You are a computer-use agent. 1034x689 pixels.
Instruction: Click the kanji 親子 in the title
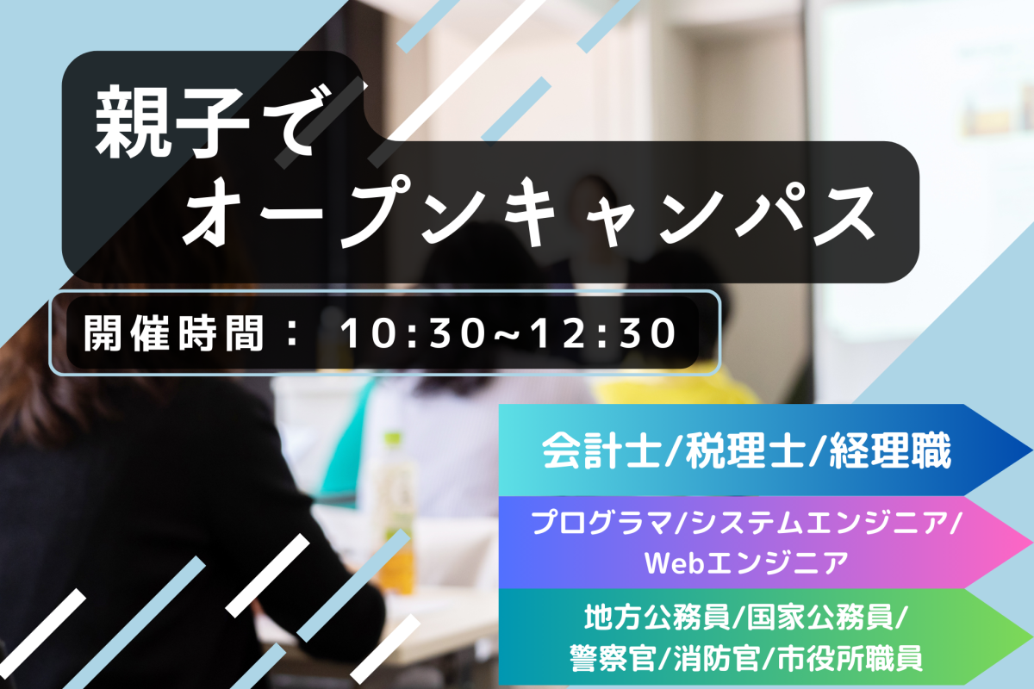click(172, 121)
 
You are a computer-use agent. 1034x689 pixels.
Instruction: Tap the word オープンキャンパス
click(529, 213)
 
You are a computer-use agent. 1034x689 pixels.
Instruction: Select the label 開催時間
click(173, 333)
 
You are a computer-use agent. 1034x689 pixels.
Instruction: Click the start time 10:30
click(412, 333)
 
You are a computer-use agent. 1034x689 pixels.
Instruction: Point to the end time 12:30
click(602, 333)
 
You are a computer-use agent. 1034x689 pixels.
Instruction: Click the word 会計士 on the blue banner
click(601, 450)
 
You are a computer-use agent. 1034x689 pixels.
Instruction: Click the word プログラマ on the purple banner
click(602, 524)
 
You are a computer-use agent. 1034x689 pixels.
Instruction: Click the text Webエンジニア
click(746, 562)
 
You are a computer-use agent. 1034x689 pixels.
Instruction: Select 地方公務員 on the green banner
click(657, 618)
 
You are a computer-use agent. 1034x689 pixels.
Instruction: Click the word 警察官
click(612, 658)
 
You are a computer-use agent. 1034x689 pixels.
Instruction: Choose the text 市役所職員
click(850, 658)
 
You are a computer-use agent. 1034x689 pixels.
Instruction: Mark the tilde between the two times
click(507, 333)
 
